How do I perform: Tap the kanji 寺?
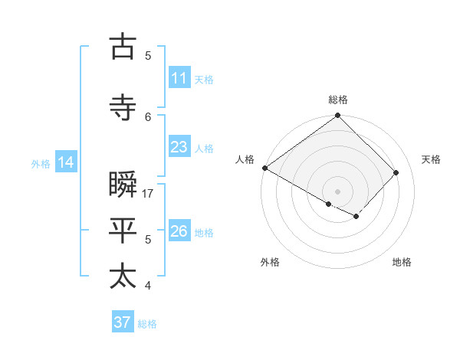tap(123, 108)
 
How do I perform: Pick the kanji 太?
tap(123, 276)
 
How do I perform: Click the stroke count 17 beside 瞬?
tap(149, 194)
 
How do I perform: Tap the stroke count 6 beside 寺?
tap(149, 116)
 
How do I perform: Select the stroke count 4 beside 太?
tap(149, 286)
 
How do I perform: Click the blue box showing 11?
tap(179, 78)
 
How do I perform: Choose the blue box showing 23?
tap(179, 147)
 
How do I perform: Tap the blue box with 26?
tap(179, 231)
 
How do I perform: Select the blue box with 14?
tap(65, 162)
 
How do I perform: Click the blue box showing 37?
tap(122, 322)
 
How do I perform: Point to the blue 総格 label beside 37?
tap(147, 324)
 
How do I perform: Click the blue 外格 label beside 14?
tap(41, 163)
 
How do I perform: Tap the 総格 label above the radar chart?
tap(338, 100)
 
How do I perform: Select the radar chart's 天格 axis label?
tap(431, 159)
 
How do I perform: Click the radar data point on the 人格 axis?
tap(264, 168)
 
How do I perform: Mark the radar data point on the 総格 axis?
tap(337, 116)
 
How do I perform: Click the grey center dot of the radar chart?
tap(337, 191)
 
